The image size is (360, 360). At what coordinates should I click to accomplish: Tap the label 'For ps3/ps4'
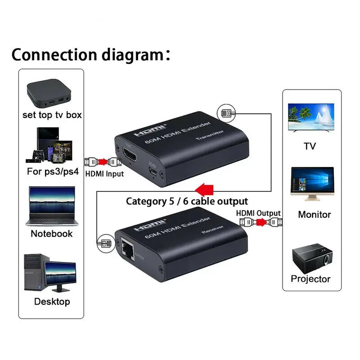pos(52,171)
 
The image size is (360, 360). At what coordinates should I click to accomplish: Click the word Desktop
pos(52,301)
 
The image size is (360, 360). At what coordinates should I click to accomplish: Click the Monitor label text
pos(314,215)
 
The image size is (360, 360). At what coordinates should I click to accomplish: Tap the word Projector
pos(310,279)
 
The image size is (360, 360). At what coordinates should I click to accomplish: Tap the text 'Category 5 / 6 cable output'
pos(187,201)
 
